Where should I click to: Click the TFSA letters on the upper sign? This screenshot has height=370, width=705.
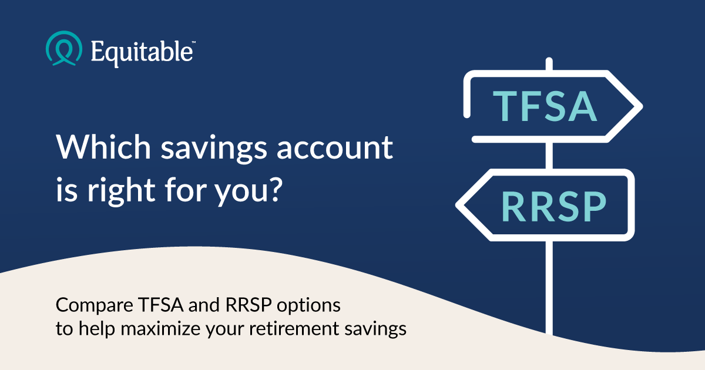click(545, 106)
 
